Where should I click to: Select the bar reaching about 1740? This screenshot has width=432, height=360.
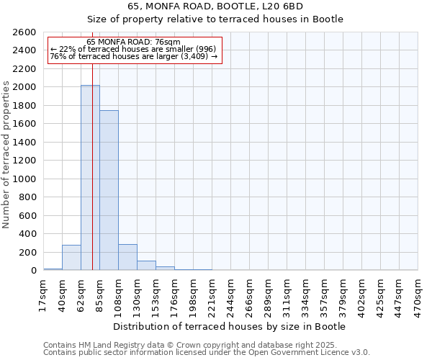tap(109, 191)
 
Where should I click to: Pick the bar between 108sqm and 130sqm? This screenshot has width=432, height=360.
tap(127, 258)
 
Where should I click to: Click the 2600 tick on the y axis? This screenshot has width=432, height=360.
tap(27, 32)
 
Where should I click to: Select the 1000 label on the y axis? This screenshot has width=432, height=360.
tap(27, 179)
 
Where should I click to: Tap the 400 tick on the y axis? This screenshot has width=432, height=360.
tap(30, 234)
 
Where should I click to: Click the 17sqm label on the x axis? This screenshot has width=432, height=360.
tap(43, 295)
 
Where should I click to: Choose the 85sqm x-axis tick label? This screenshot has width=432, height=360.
tap(99, 295)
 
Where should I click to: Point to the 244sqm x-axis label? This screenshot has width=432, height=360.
tap(230, 295)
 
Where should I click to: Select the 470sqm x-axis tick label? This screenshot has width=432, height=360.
tap(418, 295)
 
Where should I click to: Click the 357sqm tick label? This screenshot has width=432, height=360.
tap(324, 295)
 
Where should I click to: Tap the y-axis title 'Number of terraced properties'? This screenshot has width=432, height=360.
tap(7, 155)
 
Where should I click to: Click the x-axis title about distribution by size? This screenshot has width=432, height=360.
tap(230, 327)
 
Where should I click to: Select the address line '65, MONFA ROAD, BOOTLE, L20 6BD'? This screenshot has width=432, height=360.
tap(230, 6)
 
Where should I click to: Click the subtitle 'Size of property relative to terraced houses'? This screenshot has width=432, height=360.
tap(230, 19)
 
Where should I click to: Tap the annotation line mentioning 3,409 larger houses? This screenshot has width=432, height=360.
tap(133, 56)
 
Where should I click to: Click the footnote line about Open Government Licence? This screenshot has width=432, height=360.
tap(207, 353)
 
